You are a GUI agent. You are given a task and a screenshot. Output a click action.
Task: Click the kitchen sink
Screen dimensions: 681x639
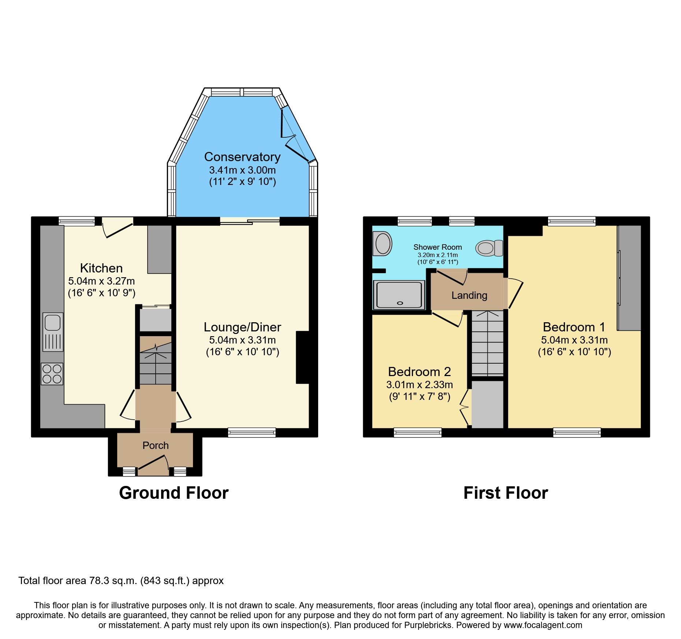click(53, 331)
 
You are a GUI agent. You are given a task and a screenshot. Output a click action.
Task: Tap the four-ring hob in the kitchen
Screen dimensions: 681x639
click(52, 374)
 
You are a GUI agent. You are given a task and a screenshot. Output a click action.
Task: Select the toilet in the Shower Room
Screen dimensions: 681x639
click(489, 248)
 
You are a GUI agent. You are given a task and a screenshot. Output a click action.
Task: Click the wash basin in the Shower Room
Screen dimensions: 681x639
click(382, 244)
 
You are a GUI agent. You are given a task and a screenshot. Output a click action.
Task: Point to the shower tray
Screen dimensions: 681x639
click(399, 294)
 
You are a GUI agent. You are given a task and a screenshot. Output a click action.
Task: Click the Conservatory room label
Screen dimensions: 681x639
click(242, 157)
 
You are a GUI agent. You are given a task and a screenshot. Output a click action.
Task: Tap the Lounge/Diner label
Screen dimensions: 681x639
click(242, 327)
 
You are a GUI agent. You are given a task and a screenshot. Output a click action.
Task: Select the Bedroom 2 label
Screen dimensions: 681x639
click(419, 372)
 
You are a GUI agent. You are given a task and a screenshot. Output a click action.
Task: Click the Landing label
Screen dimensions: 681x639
click(469, 296)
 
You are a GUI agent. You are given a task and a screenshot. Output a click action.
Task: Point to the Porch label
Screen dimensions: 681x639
click(156, 445)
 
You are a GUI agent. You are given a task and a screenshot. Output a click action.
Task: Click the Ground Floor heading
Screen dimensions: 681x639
click(174, 493)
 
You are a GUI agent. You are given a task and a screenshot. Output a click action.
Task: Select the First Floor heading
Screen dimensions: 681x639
click(506, 493)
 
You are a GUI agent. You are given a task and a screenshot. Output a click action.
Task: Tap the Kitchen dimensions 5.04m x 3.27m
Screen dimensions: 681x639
click(101, 281)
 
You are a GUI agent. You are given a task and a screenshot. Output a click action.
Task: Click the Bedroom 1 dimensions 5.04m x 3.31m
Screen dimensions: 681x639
click(574, 340)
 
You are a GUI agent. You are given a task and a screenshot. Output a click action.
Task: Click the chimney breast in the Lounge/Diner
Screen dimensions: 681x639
click(302, 357)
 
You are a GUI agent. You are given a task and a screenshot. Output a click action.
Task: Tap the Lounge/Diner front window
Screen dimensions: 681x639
click(252, 432)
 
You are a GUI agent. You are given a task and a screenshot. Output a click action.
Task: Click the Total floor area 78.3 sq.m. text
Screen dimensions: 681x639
click(121, 581)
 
